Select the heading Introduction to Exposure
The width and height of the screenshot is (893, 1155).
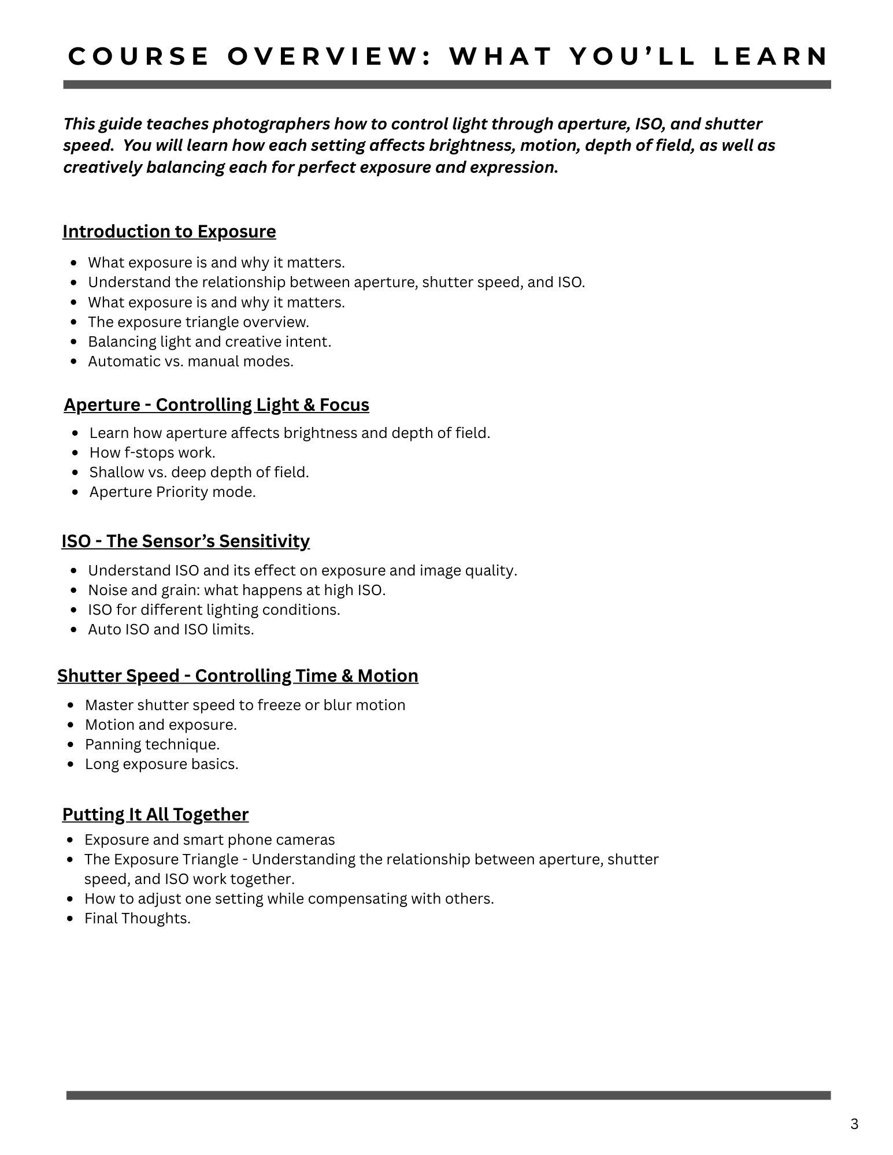point(169,231)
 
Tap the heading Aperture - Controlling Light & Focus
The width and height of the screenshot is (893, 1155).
point(216,404)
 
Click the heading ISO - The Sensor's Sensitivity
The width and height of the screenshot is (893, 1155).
point(186,541)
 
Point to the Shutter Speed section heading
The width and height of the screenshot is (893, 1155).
point(238,675)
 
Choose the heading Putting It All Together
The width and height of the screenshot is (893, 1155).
point(155,814)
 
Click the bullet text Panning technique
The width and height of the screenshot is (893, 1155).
point(152,744)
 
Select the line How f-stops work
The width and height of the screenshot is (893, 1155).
point(152,452)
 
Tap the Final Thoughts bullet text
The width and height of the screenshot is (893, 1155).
point(137,918)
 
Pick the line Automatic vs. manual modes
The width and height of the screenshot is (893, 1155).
point(190,361)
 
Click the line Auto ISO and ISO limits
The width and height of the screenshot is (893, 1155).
point(171,629)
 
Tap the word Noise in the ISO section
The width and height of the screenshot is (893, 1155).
point(106,590)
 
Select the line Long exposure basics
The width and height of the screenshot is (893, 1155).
point(161,764)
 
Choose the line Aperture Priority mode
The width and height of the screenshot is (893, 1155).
point(172,492)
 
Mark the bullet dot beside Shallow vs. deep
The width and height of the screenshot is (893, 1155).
point(75,473)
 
